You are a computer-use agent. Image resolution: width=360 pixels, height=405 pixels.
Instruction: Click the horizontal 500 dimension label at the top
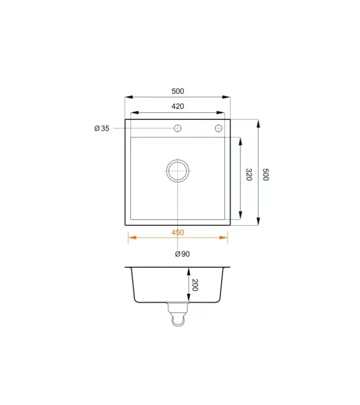pos(178,91)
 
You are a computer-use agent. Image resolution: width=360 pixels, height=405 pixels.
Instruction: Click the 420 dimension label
pos(178,106)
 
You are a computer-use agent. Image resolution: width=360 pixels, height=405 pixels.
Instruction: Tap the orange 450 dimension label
pos(178,232)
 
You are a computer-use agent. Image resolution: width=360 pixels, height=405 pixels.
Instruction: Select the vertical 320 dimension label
pos(249,174)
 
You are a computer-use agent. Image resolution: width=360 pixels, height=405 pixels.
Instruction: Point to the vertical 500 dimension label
pos(266,174)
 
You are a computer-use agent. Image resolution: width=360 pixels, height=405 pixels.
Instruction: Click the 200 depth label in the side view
pos(195,285)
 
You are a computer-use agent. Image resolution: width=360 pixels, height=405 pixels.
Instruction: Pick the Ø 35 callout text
pos(102,129)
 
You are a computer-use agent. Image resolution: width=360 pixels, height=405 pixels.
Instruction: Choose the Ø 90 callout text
pos(182,254)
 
